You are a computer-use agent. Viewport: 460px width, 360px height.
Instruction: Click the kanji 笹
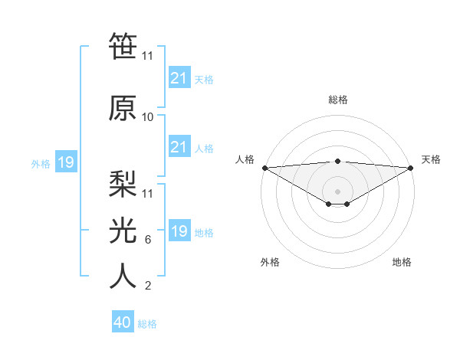pyautogui.click(x=123, y=46)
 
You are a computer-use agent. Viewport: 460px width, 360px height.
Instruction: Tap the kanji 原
pyautogui.click(x=123, y=107)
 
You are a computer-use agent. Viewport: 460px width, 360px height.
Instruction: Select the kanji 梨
pyautogui.click(x=123, y=182)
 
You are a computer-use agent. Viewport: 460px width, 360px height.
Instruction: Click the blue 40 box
pyautogui.click(x=123, y=322)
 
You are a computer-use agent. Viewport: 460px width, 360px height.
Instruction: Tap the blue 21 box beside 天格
pyautogui.click(x=179, y=78)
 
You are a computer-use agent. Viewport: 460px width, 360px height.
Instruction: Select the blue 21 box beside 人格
pyautogui.click(x=179, y=147)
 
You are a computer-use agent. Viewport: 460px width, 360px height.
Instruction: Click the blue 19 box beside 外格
pyautogui.click(x=65, y=162)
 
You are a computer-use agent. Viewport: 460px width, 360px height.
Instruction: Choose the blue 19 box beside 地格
pyautogui.click(x=179, y=231)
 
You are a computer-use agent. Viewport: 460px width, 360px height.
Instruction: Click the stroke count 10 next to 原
pyautogui.click(x=148, y=117)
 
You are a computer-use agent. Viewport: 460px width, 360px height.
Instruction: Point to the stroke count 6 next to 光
pyautogui.click(x=148, y=240)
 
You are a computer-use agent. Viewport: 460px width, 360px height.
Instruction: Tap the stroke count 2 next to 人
pyautogui.click(x=148, y=286)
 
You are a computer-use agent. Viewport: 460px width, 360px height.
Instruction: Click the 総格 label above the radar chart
pyautogui.click(x=337, y=100)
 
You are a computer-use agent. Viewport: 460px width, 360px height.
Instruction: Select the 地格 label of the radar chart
pyautogui.click(x=402, y=262)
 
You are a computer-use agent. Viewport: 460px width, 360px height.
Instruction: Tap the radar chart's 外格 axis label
pyautogui.click(x=270, y=262)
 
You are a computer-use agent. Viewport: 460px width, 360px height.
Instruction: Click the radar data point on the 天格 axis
pyautogui.click(x=411, y=167)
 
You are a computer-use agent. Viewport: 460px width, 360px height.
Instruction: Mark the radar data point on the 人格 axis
pyautogui.click(x=264, y=167)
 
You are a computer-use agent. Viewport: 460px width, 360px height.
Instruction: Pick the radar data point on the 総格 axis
pyautogui.click(x=337, y=161)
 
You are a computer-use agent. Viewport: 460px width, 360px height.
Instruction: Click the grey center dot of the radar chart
pyautogui.click(x=337, y=191)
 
